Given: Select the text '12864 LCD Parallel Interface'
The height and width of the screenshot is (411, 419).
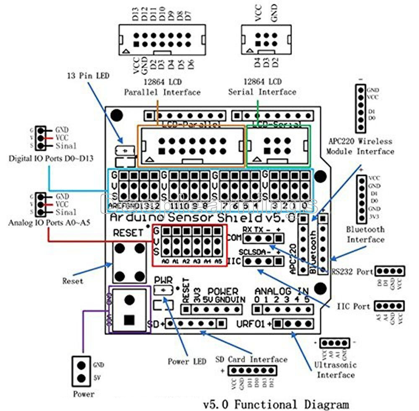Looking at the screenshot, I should [x=162, y=87].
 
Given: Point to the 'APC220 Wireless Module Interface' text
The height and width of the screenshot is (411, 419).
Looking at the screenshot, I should [x=360, y=146].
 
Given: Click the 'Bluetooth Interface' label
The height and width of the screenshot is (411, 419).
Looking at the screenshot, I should [x=365, y=234].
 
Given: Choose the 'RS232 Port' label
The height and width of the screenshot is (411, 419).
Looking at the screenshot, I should [x=352, y=271].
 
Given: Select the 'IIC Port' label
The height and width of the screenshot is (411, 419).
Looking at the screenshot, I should [x=353, y=307].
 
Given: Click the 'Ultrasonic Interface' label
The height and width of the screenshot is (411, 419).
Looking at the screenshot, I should [x=336, y=369].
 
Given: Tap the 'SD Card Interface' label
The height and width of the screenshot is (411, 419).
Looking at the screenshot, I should [x=251, y=359].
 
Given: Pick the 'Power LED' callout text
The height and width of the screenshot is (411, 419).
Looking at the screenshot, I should [x=187, y=361].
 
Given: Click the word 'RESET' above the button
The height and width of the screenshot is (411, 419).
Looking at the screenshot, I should [x=129, y=233].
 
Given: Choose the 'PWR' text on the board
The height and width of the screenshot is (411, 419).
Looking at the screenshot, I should [x=163, y=280].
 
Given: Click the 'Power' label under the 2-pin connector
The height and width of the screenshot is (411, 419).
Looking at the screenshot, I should [x=83, y=394].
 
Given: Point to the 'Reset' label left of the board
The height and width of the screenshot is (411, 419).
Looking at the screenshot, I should [x=73, y=281].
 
